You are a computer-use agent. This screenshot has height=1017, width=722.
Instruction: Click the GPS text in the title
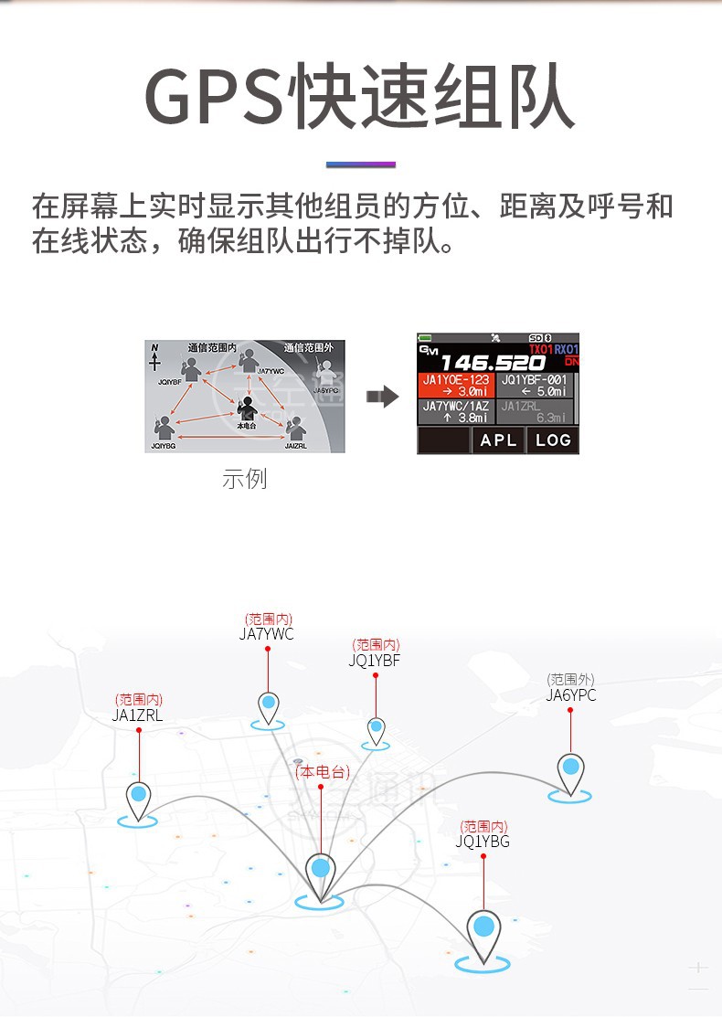click(x=215, y=97)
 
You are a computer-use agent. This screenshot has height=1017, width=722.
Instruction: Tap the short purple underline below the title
click(x=361, y=164)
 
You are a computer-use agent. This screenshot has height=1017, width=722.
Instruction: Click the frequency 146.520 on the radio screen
click(x=493, y=363)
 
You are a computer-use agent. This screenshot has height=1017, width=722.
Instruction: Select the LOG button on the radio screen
click(x=553, y=440)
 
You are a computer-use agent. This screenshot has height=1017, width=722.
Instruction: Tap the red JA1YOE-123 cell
click(x=456, y=385)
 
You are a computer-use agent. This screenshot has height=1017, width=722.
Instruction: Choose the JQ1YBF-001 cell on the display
click(x=534, y=385)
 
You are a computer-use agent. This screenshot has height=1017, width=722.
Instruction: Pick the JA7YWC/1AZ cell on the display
click(x=456, y=411)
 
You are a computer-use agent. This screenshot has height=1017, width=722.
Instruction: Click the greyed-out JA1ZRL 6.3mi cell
click(x=534, y=411)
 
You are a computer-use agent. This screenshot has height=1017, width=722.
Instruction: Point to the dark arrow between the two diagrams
click(x=382, y=396)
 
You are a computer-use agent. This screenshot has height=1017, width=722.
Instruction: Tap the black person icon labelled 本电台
click(x=246, y=408)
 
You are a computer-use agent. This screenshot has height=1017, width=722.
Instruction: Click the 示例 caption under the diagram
click(x=245, y=479)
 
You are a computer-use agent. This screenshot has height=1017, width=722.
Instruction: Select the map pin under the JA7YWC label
click(x=268, y=705)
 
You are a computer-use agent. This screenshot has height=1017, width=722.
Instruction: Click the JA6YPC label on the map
click(x=570, y=695)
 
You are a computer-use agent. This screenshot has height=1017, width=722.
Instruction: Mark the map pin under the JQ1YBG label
click(x=483, y=929)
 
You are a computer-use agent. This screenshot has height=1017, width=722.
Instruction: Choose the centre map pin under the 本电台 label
click(x=320, y=869)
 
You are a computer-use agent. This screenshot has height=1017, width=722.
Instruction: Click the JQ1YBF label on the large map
click(x=375, y=661)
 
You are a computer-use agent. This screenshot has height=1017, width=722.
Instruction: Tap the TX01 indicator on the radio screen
click(x=541, y=350)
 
